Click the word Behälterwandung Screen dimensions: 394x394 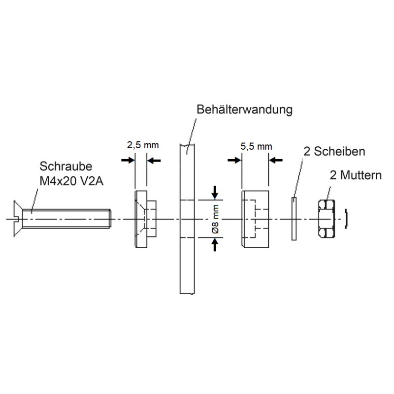[244, 109]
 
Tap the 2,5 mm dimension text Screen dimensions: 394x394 [143, 145]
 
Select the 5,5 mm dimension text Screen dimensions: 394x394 [256, 146]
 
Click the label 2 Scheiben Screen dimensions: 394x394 [334, 151]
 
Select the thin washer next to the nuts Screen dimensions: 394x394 [294, 218]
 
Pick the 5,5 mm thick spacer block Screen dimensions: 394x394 [255, 218]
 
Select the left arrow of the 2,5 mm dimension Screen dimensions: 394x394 [128, 160]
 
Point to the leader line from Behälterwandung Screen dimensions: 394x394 [192, 128]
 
